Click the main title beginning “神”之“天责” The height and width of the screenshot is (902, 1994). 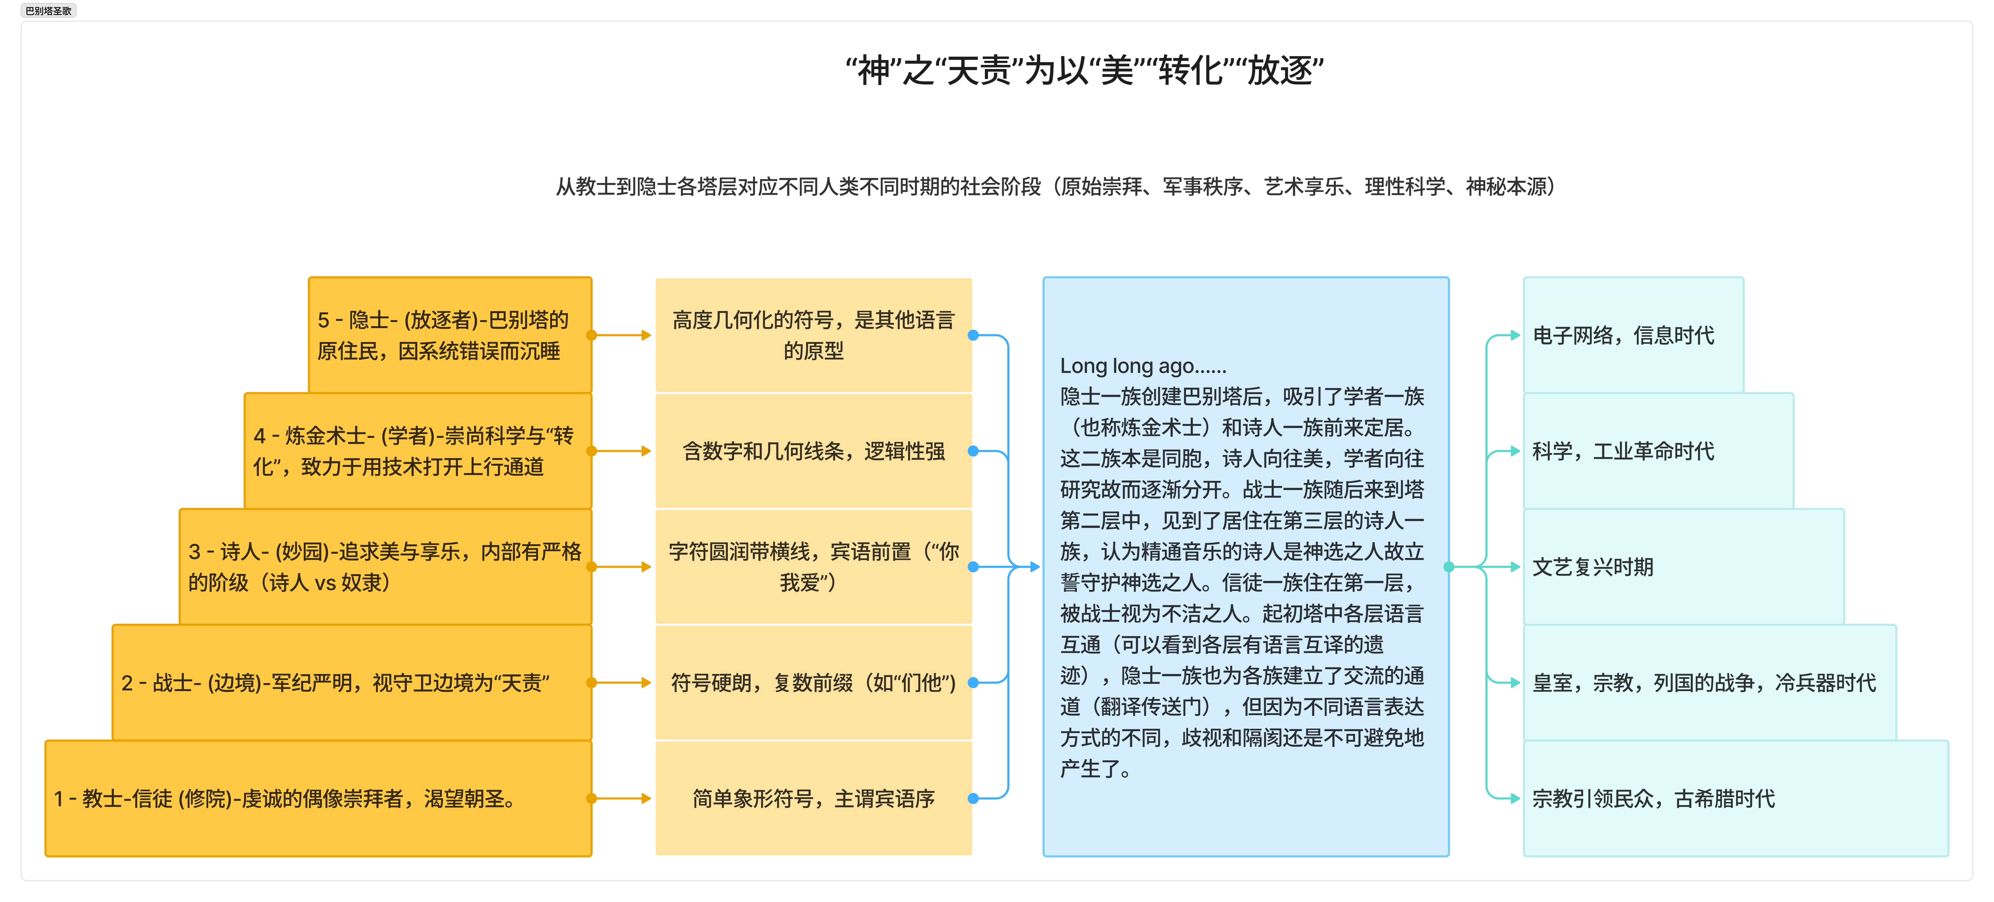point(1084,71)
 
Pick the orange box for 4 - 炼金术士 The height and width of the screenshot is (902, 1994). point(418,451)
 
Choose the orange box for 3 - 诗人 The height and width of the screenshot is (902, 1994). point(386,567)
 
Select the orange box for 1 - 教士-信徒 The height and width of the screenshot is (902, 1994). point(318,798)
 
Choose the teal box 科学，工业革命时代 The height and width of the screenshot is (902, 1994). point(1658,451)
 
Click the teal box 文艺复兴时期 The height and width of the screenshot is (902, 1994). point(1683,567)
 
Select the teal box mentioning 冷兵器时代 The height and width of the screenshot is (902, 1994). point(1709,682)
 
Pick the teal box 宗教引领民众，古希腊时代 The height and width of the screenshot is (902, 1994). point(1735,798)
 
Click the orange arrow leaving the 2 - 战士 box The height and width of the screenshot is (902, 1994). point(622,682)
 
